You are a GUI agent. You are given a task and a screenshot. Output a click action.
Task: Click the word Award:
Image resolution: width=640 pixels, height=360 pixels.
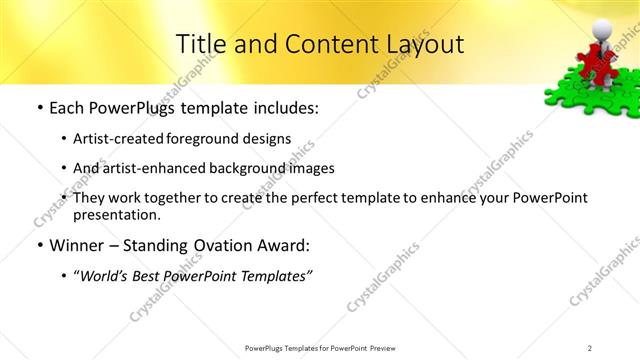[x=285, y=245]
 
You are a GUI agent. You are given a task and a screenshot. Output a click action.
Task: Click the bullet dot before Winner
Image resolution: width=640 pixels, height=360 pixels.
[x=39, y=246]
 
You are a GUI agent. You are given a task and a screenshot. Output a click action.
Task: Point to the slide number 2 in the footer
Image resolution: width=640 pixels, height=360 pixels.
[x=590, y=348]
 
